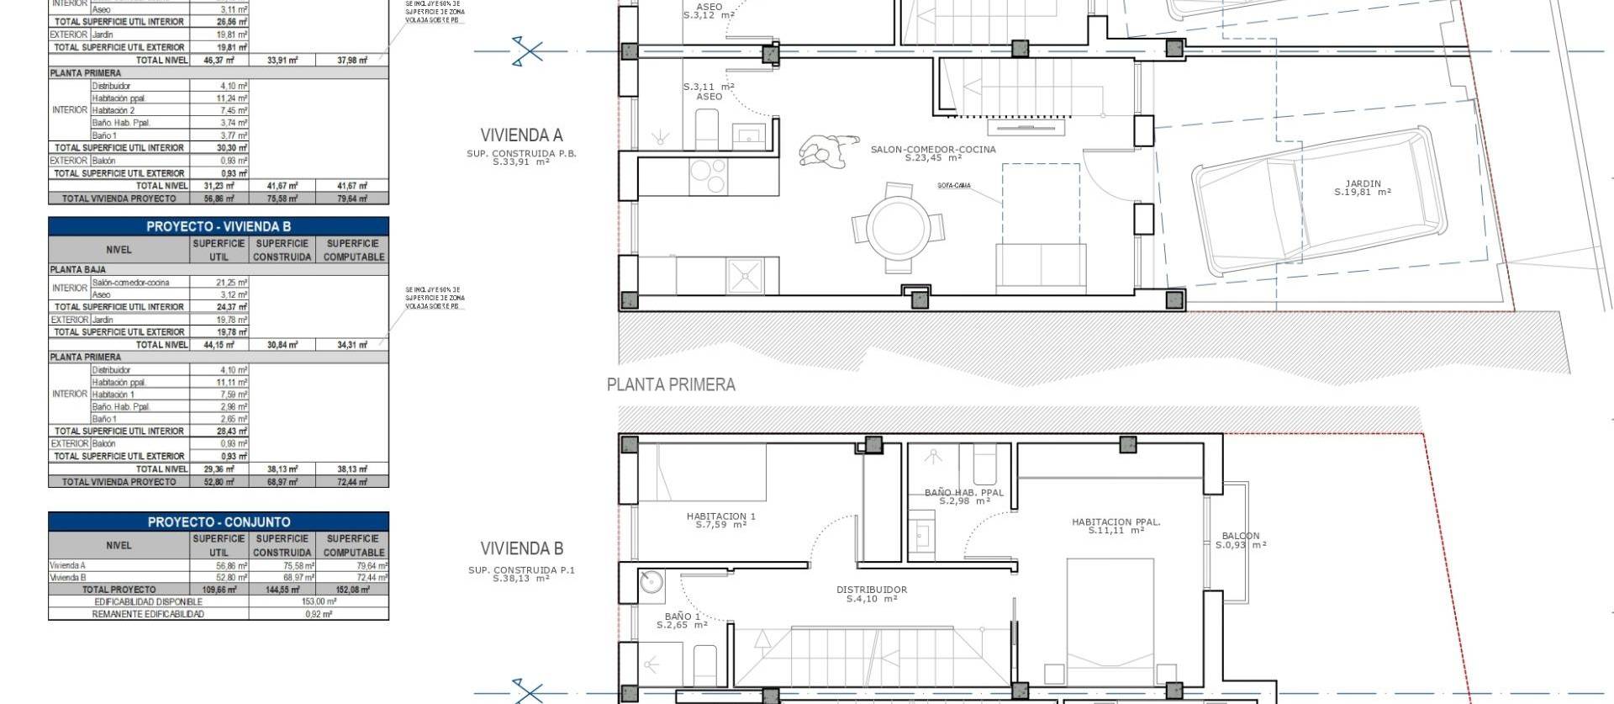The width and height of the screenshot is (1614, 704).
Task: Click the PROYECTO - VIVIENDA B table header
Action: (219, 226)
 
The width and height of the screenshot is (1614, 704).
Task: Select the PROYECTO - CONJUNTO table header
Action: (219, 521)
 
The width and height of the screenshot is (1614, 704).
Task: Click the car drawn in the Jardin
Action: (1320, 202)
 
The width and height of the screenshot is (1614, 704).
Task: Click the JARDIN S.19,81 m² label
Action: (1362, 188)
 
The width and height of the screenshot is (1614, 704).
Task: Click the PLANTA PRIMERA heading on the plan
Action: (671, 385)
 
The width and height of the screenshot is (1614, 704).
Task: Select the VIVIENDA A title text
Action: (521, 135)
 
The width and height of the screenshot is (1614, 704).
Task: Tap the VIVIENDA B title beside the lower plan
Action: (521, 548)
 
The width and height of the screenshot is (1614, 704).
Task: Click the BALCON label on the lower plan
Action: (1241, 536)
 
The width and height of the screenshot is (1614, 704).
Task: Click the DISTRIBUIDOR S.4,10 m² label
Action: (872, 594)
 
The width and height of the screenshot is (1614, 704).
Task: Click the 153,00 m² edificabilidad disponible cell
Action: (319, 601)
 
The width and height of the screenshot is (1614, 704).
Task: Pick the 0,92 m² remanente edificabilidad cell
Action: (319, 614)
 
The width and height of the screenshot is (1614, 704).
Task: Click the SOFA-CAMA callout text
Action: (953, 186)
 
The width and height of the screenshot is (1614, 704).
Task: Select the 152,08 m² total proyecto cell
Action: (354, 590)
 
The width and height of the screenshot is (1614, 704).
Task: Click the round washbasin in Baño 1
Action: (651, 581)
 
